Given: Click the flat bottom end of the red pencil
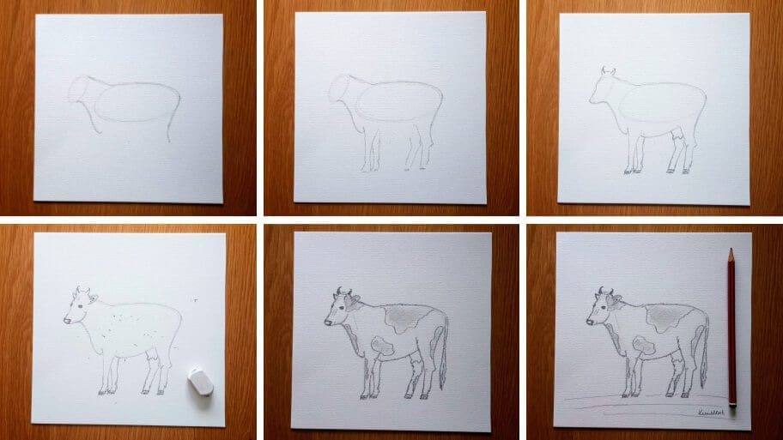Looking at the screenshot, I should (732, 406).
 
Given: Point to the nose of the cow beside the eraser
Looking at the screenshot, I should (66, 321).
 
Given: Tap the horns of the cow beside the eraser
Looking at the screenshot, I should (82, 290).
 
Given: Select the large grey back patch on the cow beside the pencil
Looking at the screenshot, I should (664, 320).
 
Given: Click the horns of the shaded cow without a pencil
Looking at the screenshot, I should (343, 291).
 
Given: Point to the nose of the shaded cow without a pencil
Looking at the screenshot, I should (328, 322).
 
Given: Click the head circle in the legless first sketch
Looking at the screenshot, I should (85, 91).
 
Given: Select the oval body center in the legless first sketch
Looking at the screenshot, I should (136, 102).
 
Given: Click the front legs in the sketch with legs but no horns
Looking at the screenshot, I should (371, 150).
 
